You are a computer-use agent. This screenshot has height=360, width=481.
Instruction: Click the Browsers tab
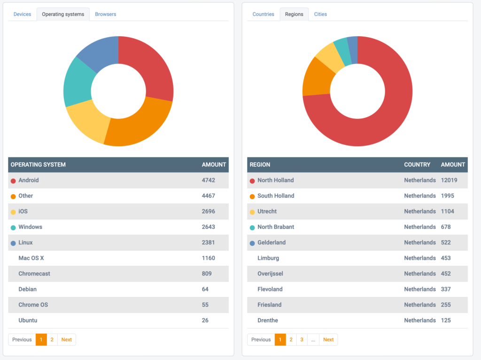point(105,14)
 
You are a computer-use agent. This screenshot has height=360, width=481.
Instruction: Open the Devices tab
point(22,14)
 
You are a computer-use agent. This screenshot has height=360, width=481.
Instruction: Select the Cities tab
point(320,14)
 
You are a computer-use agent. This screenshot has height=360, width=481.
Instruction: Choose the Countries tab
point(263,14)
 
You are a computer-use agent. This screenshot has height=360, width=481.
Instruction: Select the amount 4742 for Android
point(209,180)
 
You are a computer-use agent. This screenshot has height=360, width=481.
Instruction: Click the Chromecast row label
point(34,274)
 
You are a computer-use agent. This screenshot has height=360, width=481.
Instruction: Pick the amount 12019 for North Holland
point(449,180)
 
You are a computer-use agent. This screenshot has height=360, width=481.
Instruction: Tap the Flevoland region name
point(270,289)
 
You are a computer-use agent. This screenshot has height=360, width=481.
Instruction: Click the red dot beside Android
point(13,181)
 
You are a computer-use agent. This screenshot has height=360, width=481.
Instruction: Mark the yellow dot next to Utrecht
point(252,212)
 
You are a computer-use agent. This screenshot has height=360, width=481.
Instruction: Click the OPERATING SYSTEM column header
point(38,164)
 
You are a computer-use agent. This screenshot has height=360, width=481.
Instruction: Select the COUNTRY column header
point(417,164)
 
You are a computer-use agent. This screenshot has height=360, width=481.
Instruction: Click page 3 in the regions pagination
point(302,339)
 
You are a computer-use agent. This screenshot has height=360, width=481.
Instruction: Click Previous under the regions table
point(261,339)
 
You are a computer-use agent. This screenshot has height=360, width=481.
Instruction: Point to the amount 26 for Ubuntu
point(205,320)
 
